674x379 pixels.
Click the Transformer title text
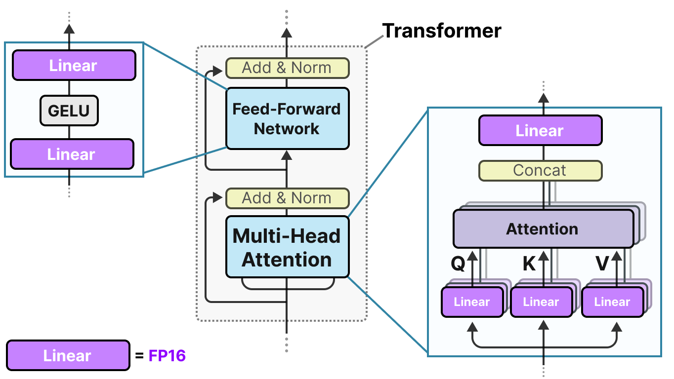point(442,31)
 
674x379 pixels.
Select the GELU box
point(69,111)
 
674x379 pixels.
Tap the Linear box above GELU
point(74,66)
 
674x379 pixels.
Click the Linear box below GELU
point(72,154)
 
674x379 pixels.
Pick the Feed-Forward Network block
point(287,118)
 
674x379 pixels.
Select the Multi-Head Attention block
point(287,247)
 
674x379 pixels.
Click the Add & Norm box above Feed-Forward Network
point(287,68)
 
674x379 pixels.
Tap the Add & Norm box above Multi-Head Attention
point(287,198)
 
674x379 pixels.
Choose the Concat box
point(540,170)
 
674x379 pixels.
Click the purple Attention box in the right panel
point(543,229)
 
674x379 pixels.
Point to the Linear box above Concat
point(540,131)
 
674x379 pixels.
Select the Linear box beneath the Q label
point(472,302)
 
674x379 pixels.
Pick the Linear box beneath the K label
point(541,302)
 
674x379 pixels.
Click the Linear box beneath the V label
point(612,302)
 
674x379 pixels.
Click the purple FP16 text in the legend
point(167,355)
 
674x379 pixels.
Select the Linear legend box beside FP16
point(68,355)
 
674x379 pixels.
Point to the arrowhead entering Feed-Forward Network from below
point(287,155)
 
